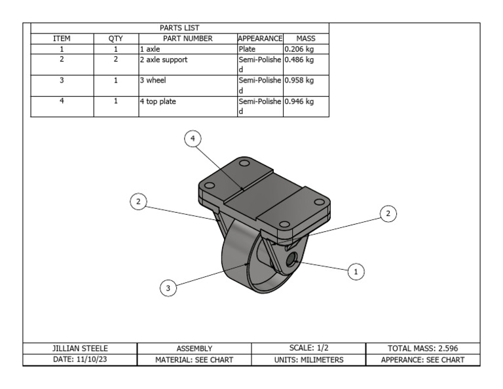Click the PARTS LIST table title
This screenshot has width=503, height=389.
tap(179, 28)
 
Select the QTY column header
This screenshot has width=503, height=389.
tap(115, 39)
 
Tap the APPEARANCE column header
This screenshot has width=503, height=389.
tap(260, 39)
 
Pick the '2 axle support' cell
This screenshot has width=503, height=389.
tap(164, 60)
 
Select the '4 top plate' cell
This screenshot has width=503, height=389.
tap(158, 102)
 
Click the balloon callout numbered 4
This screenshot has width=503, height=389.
tap(192, 138)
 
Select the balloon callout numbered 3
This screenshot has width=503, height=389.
tap(168, 287)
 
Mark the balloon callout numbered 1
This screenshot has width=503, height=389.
tap(356, 270)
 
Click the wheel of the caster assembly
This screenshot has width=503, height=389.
tap(242, 262)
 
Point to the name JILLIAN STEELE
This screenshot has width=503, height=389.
tap(80, 348)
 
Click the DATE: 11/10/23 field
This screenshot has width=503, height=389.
tap(80, 360)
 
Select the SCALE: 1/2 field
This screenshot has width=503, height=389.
tap(309, 348)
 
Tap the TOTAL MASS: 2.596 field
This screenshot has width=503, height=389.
tap(423, 348)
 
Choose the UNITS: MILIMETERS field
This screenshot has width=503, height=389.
tap(309, 360)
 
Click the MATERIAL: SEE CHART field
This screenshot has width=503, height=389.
tap(194, 360)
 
